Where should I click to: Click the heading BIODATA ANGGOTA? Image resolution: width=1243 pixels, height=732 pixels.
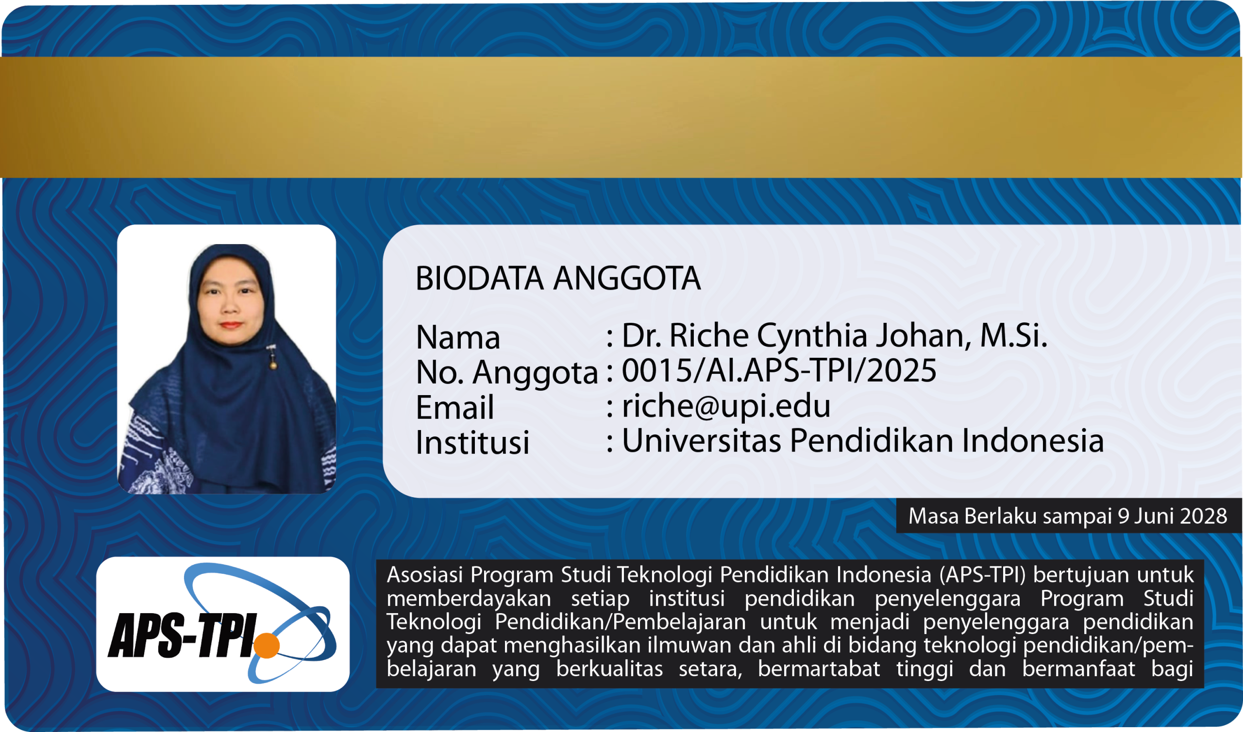point(558,278)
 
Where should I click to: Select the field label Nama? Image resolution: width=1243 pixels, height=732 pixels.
point(458,337)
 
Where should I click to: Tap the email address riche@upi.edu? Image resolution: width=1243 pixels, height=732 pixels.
point(726,405)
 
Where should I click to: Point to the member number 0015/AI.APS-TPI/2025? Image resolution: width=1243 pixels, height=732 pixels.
point(779,370)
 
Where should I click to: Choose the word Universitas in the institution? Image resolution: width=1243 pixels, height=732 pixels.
point(702,440)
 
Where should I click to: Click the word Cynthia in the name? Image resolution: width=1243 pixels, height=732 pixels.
point(812,337)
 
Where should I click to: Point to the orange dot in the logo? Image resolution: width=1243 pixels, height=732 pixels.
point(267,645)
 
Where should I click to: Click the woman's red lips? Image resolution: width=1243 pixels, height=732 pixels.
point(231,325)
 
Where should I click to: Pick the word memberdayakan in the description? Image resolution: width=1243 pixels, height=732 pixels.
point(469,599)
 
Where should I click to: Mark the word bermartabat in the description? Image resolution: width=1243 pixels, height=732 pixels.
point(819,669)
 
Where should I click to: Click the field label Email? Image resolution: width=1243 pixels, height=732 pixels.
point(455,407)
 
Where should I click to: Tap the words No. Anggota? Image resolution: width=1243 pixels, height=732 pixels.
point(507,373)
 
